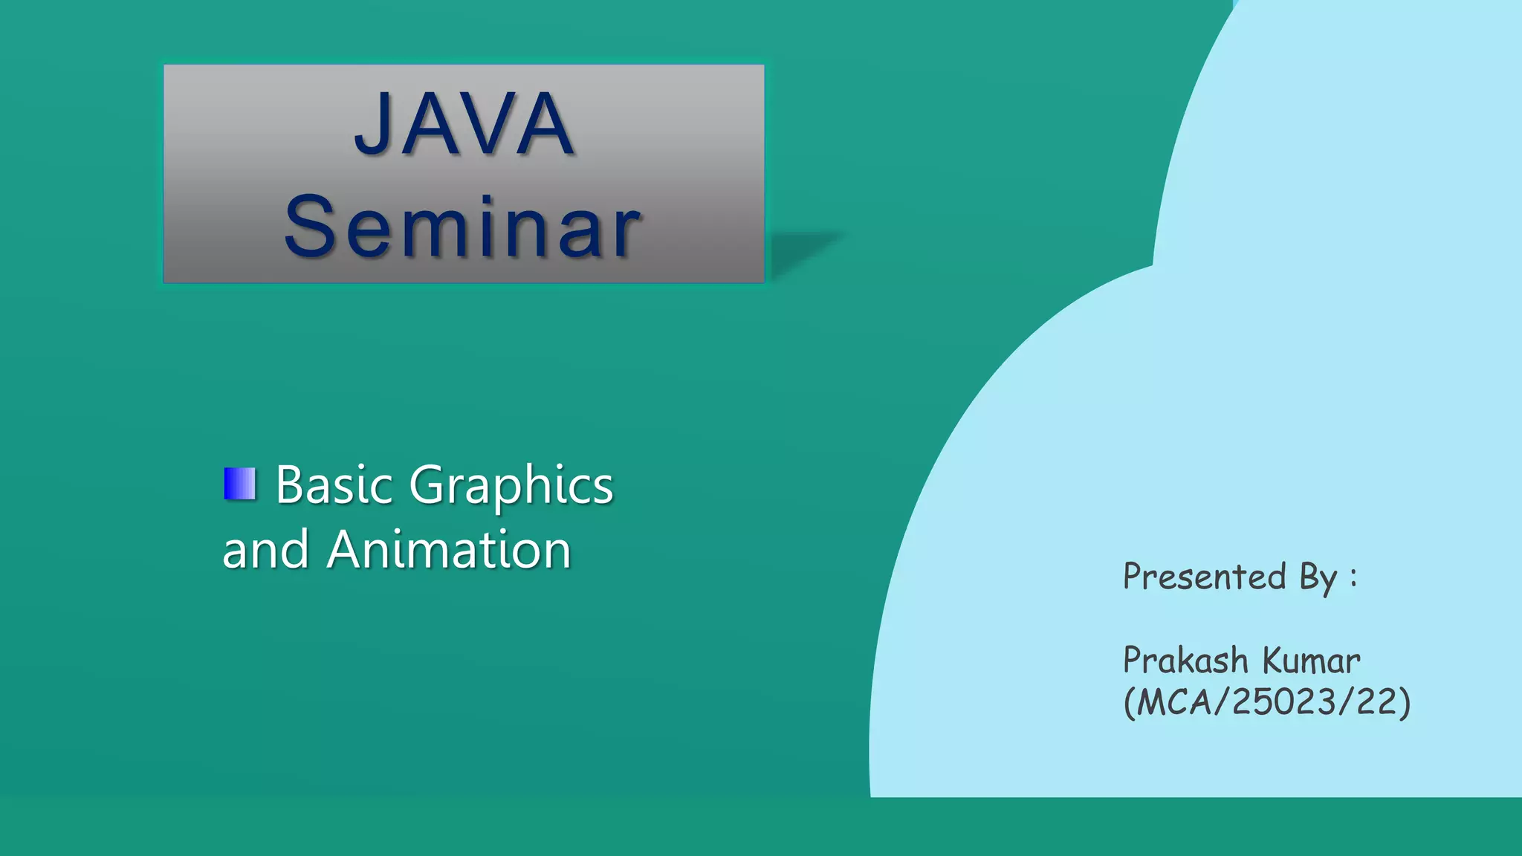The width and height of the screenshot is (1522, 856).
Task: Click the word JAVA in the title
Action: pos(464,124)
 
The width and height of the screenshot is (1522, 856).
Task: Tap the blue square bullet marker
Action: pos(239,484)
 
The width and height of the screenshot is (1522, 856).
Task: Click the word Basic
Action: pos(334,485)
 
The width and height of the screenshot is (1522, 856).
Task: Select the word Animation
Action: pos(449,550)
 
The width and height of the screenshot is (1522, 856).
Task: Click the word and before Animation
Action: pos(265,551)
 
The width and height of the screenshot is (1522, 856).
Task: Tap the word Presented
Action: pos(1204,577)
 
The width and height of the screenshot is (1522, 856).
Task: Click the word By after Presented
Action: pos(1318,578)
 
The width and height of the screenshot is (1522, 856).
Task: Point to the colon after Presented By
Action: pos(1354,578)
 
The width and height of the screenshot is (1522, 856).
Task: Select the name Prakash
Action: pos(1185,661)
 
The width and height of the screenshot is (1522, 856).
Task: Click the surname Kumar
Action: pos(1312,661)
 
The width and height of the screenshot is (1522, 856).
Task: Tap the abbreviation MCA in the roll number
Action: pos(1174,702)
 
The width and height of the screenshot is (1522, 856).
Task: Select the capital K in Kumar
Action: pos(1275,661)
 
